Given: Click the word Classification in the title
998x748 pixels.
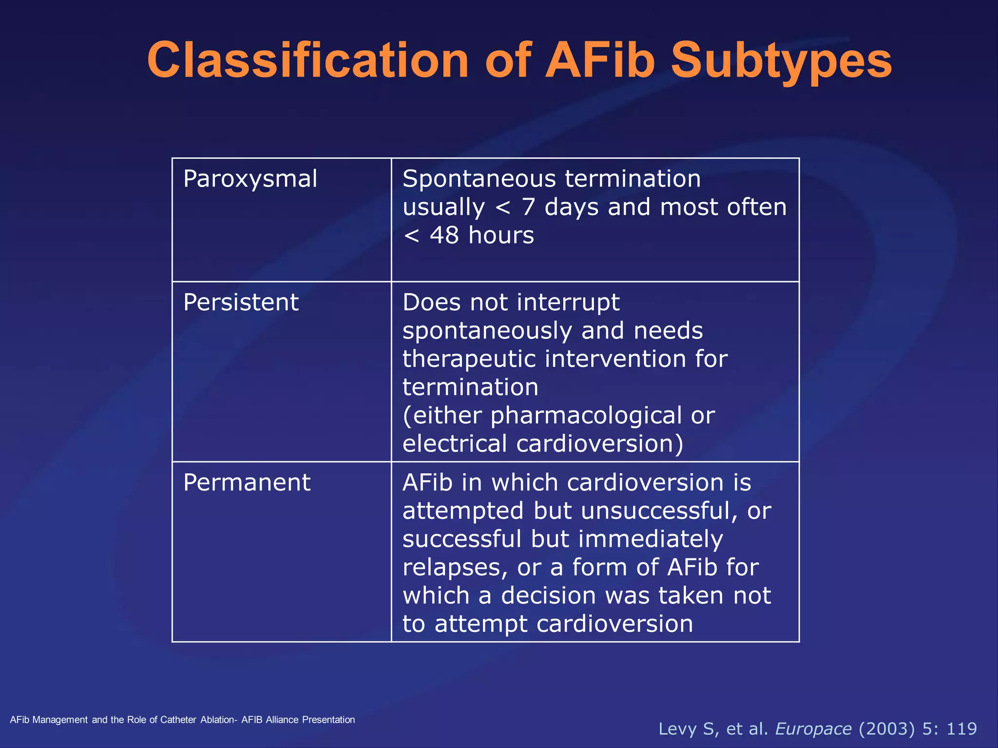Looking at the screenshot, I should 308,60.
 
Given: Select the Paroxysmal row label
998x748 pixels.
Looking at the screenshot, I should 250,179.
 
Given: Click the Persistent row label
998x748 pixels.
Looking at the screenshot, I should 241,302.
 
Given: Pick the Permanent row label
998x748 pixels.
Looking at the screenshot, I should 247,483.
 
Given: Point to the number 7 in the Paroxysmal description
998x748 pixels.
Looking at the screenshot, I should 528,207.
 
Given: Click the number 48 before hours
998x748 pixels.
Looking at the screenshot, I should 444,236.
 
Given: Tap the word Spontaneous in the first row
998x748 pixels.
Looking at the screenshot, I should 479,179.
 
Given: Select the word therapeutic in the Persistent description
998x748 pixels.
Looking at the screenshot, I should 469,359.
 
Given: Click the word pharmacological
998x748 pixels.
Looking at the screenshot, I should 586,416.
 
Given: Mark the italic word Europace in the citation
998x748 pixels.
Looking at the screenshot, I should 813,729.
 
